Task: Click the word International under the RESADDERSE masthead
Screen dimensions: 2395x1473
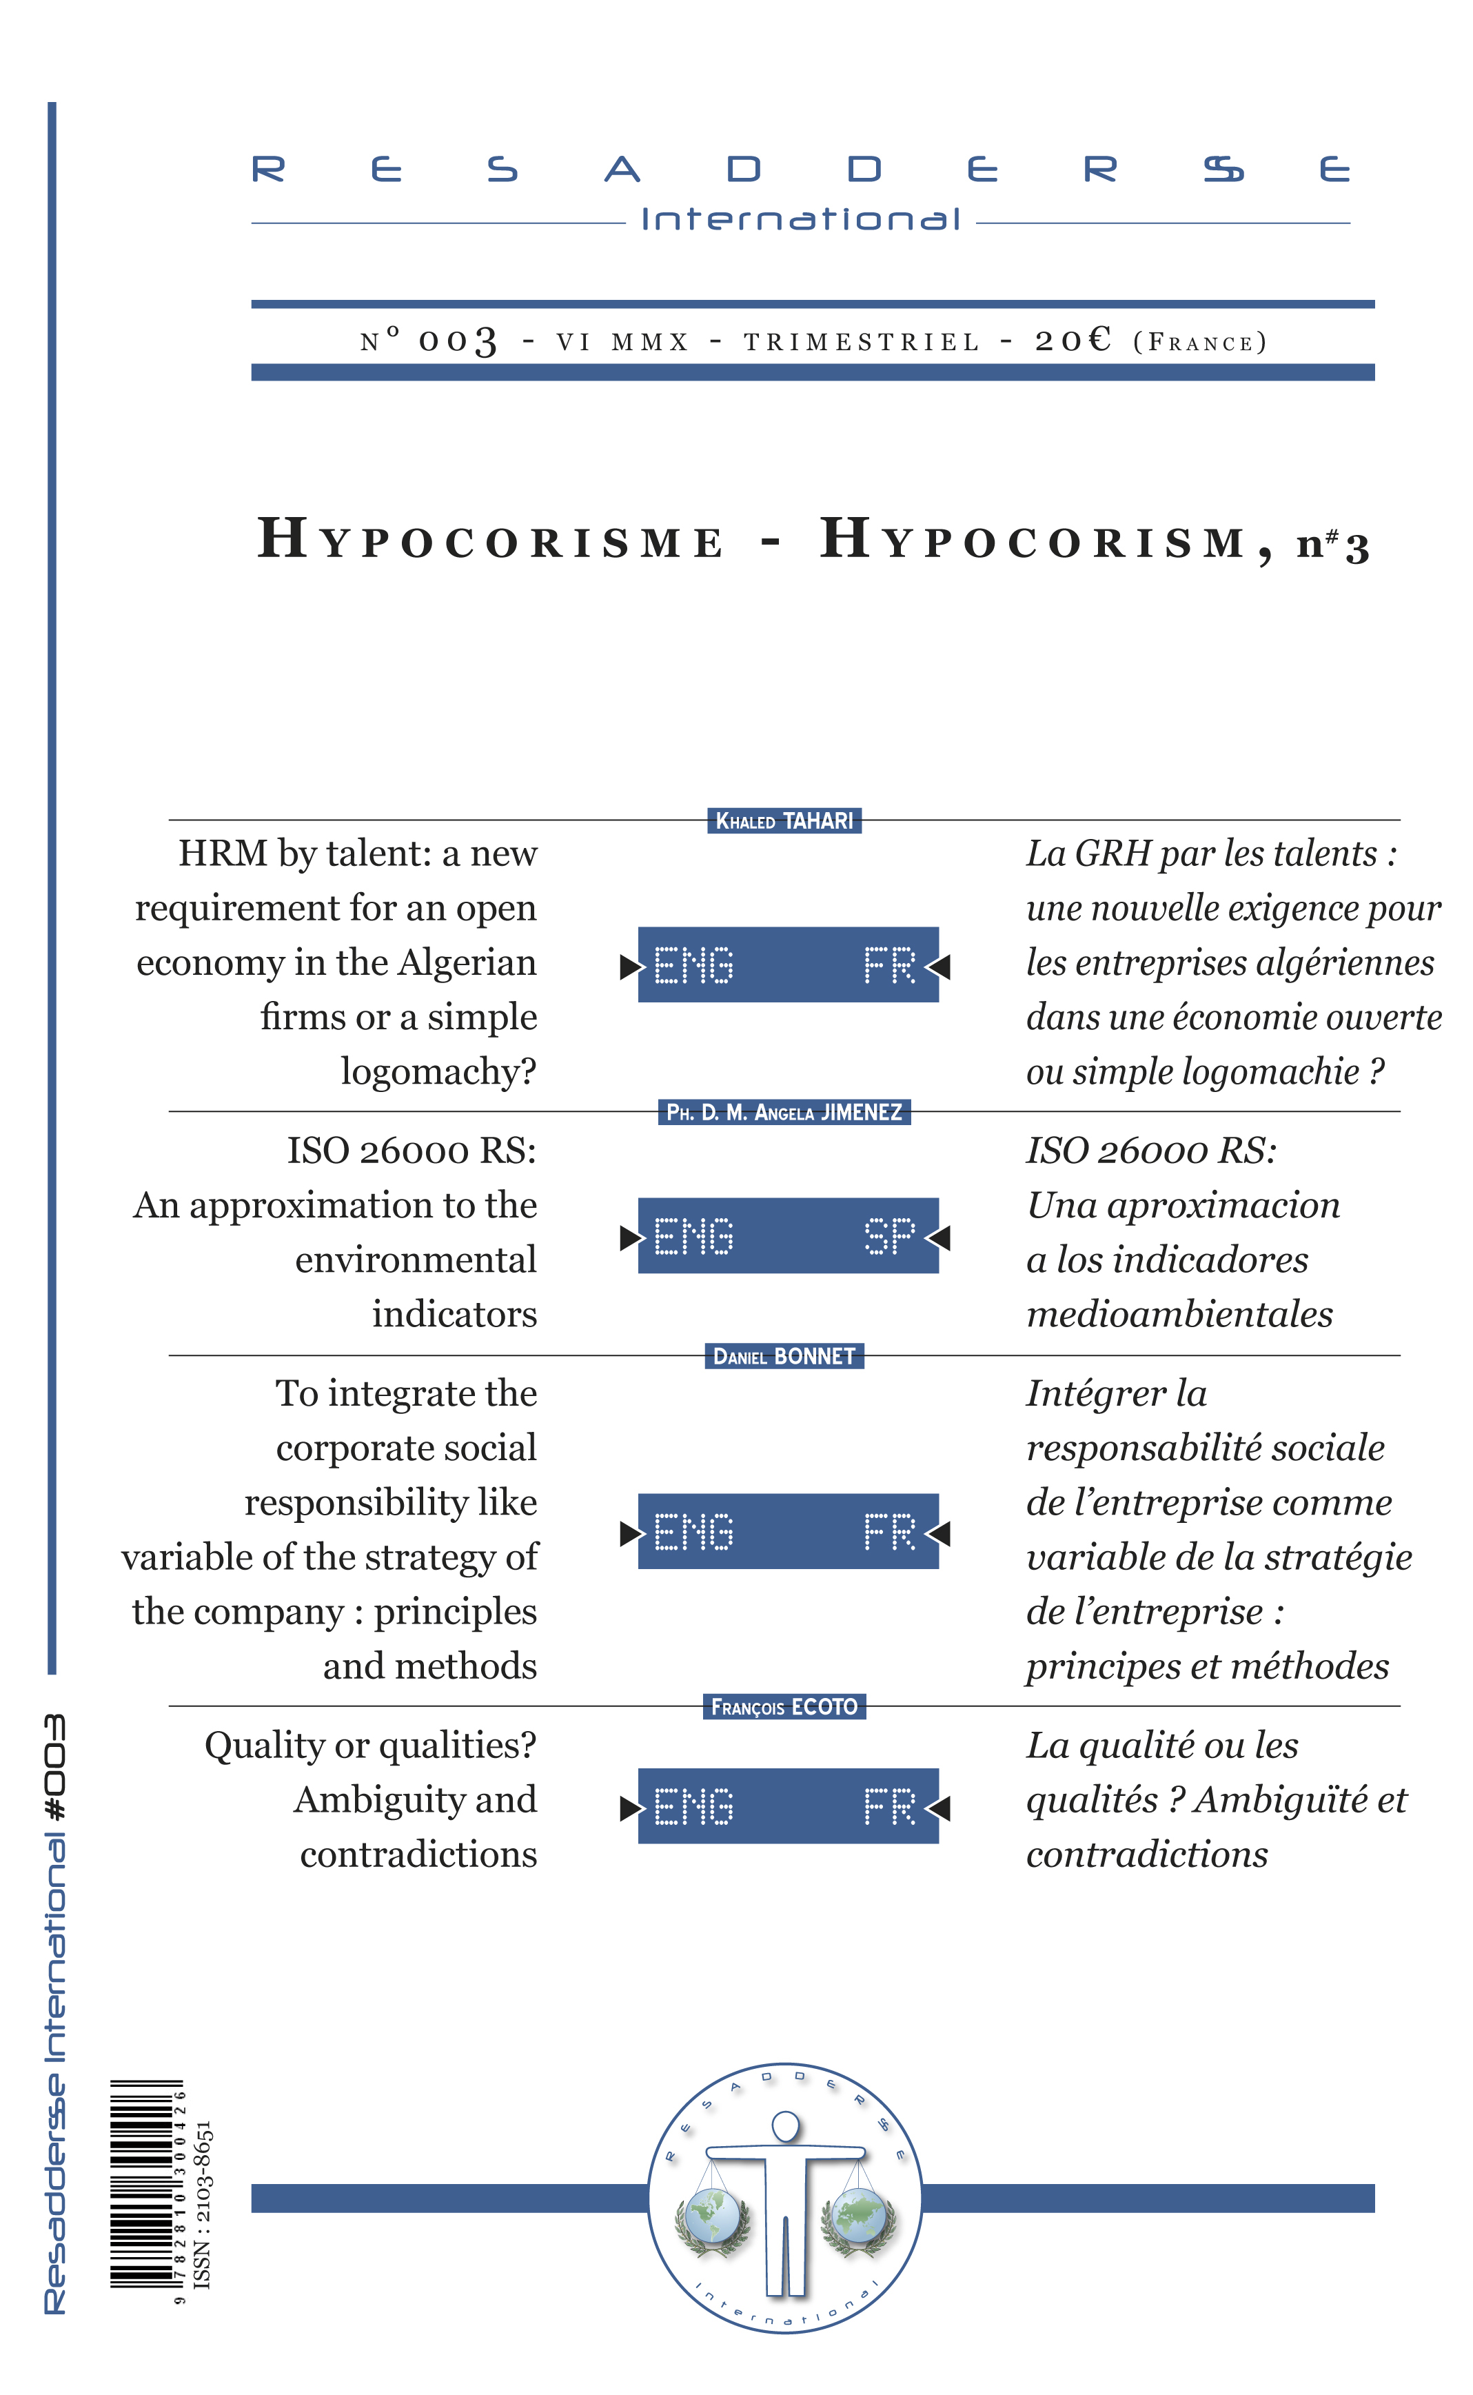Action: click(x=800, y=219)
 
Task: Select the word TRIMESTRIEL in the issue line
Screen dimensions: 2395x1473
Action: click(x=861, y=342)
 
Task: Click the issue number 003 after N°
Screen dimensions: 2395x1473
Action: click(x=458, y=341)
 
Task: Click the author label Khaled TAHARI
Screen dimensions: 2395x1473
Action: click(x=784, y=820)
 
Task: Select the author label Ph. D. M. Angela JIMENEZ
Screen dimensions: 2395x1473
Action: click(x=784, y=1112)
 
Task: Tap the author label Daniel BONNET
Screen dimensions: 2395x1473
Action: click(x=784, y=1355)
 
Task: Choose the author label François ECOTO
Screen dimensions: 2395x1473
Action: click(x=784, y=1706)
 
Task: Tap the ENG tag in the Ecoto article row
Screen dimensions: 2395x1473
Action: click(x=693, y=1806)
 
